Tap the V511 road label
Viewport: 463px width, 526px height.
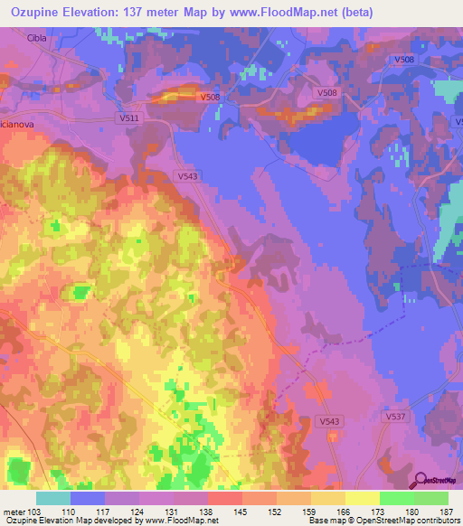129,117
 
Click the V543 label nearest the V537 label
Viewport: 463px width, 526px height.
332,421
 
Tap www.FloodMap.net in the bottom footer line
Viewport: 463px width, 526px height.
176,521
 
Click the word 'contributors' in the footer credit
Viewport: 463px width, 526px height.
439,521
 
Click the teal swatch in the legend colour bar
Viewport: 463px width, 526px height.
52,498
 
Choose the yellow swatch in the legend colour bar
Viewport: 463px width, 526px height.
361,498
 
